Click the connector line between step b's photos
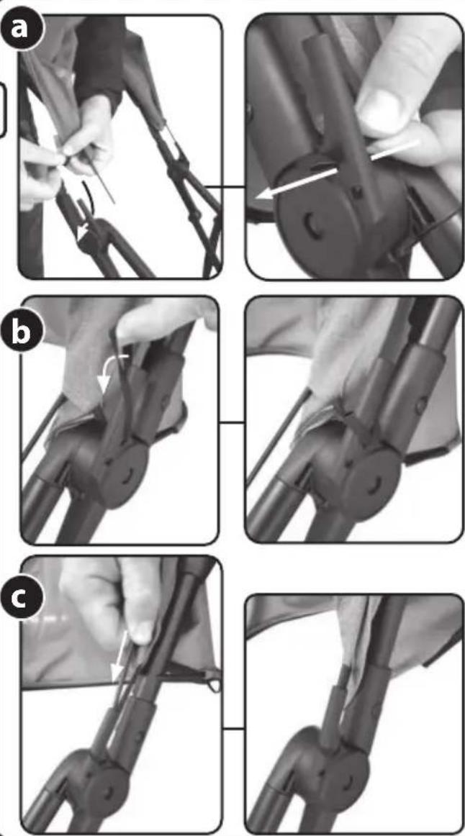coord(232,423)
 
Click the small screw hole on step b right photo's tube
coord(421,406)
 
